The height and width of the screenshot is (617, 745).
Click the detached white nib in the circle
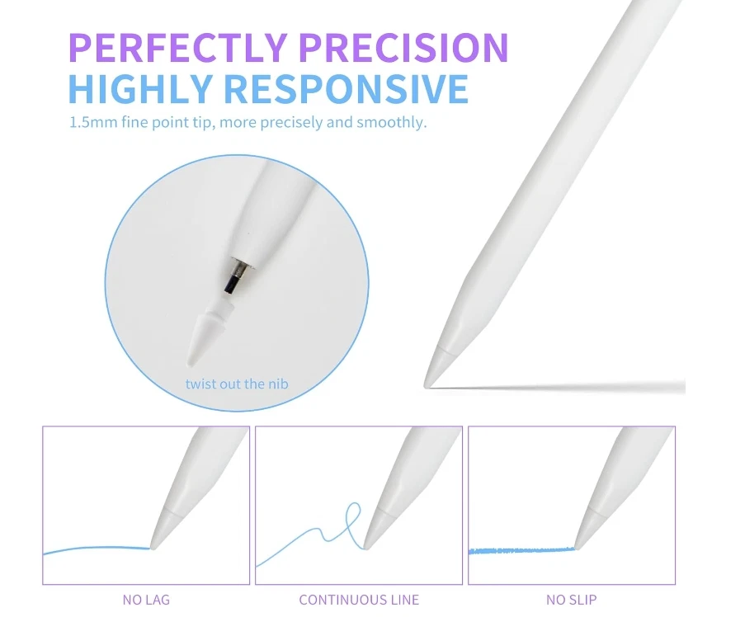click(x=200, y=334)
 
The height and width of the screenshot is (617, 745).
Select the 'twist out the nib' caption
click(x=237, y=384)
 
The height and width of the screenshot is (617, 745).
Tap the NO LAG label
click(x=146, y=600)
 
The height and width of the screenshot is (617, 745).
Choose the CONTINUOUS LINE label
click(x=359, y=600)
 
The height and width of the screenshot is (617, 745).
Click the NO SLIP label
click(x=571, y=600)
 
